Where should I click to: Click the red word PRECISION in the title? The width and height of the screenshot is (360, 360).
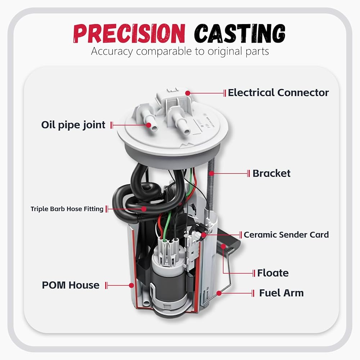click(x=129, y=33)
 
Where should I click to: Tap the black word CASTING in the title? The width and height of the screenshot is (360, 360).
click(x=239, y=33)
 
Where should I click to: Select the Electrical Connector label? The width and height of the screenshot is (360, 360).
click(x=278, y=93)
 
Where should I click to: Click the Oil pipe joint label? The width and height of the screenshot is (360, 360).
click(x=73, y=125)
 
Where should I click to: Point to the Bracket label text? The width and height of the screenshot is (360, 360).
click(x=271, y=174)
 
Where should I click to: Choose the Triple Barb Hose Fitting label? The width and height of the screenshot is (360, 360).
click(x=67, y=209)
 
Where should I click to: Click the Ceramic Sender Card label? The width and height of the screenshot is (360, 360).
click(x=286, y=235)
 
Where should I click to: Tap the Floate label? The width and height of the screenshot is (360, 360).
click(x=273, y=273)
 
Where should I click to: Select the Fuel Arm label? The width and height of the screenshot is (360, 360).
click(x=282, y=293)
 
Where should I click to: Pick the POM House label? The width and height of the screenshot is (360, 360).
click(x=71, y=285)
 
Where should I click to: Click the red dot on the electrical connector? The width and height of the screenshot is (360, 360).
click(x=188, y=93)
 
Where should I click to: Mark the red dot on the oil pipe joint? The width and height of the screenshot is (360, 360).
click(x=149, y=125)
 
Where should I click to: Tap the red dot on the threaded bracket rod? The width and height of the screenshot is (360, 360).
click(x=212, y=174)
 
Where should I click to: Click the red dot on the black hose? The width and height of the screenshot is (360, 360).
click(x=144, y=209)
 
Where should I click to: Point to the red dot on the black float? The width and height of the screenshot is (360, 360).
click(x=224, y=247)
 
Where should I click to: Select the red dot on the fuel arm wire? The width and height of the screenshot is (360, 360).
click(x=219, y=293)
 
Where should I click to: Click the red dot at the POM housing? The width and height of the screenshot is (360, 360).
click(x=131, y=285)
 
